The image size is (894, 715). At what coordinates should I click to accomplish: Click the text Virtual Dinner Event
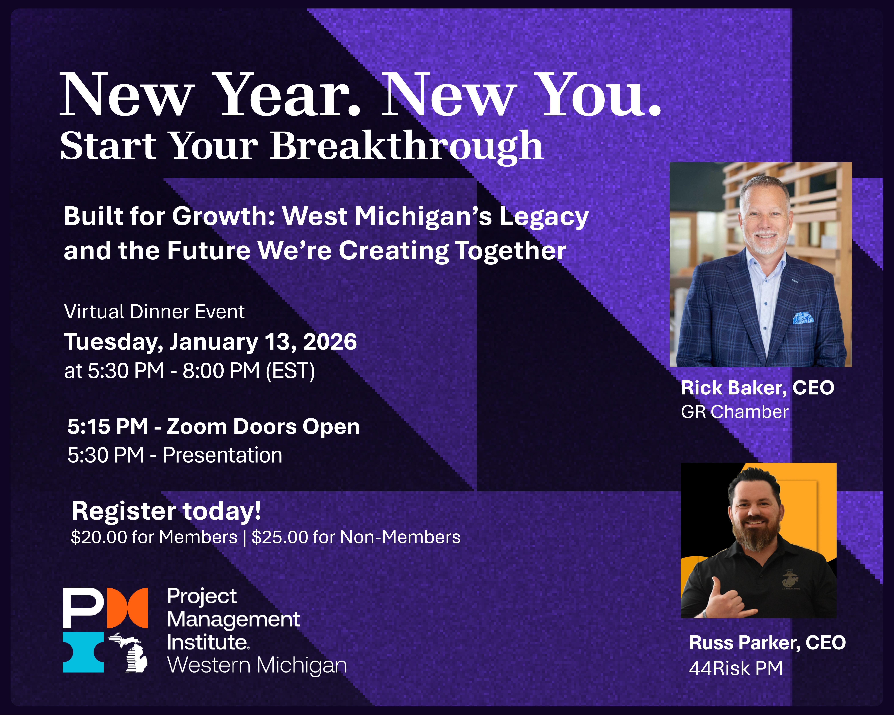tap(154, 312)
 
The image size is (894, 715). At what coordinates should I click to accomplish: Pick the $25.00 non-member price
tap(280, 537)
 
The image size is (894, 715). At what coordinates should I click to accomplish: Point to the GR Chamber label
tap(734, 412)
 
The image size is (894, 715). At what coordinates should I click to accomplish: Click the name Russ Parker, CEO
tap(767, 643)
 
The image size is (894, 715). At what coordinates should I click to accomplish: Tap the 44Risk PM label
tap(736, 668)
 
